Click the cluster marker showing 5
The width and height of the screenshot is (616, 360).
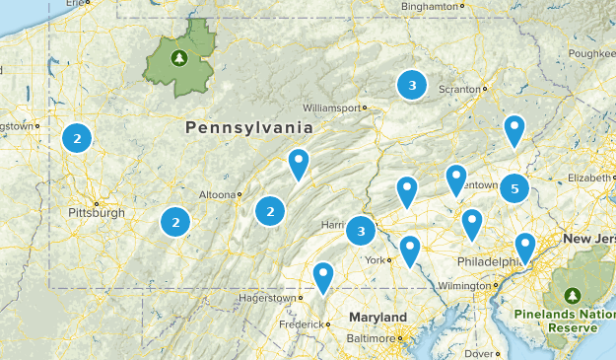513,186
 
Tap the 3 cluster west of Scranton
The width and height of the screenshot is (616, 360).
412,86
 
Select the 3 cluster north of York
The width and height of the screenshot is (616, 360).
361,232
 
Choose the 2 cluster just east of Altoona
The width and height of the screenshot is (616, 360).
270,210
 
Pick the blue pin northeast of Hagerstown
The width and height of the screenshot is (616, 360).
323,277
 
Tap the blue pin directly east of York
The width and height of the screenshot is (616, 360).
409,250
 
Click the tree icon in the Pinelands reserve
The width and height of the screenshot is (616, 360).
574,295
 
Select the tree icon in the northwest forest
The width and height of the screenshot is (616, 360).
179,58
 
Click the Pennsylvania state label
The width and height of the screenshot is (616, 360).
248,128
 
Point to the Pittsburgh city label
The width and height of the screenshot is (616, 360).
97,212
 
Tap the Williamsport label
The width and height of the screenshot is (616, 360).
331,108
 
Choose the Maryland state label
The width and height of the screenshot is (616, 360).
378,317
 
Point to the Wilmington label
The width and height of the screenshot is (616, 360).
462,286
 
